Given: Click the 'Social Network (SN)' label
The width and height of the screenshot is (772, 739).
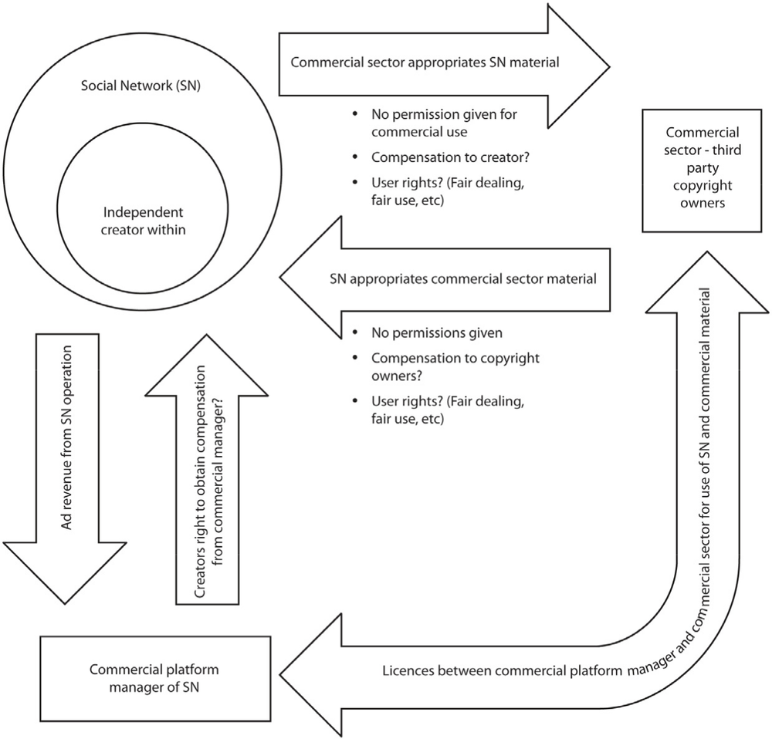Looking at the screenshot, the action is pos(141,86).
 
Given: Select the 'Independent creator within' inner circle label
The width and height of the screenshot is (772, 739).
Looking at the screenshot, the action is pos(144,221).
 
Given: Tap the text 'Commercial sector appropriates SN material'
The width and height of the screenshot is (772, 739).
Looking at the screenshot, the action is pos(425,62).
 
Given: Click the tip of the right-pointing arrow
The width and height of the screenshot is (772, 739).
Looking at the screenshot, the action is pos(610,66).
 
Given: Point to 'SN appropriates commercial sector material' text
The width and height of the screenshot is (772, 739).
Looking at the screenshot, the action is pos(462,279).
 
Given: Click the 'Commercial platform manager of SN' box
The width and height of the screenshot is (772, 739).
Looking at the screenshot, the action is pos(155,679).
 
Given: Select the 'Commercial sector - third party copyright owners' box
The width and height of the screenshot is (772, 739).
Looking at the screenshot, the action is pos(702,170).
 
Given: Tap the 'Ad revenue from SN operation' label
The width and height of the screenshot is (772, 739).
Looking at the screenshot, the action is pos(66,437).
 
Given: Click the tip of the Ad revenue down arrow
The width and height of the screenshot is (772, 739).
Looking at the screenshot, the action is pos(65,604).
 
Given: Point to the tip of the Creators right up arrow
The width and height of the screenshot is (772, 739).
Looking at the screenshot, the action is pos(207,335).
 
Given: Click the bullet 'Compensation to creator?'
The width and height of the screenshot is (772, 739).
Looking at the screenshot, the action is pos(450,157).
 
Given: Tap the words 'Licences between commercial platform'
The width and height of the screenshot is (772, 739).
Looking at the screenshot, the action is pos(503,671).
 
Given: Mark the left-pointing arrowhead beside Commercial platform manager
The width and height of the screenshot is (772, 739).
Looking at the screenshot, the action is pos(310,674).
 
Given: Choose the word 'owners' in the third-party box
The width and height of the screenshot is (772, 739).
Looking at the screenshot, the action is pos(703,203).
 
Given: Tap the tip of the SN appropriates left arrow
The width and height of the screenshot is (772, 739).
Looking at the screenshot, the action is pos(279,278).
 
